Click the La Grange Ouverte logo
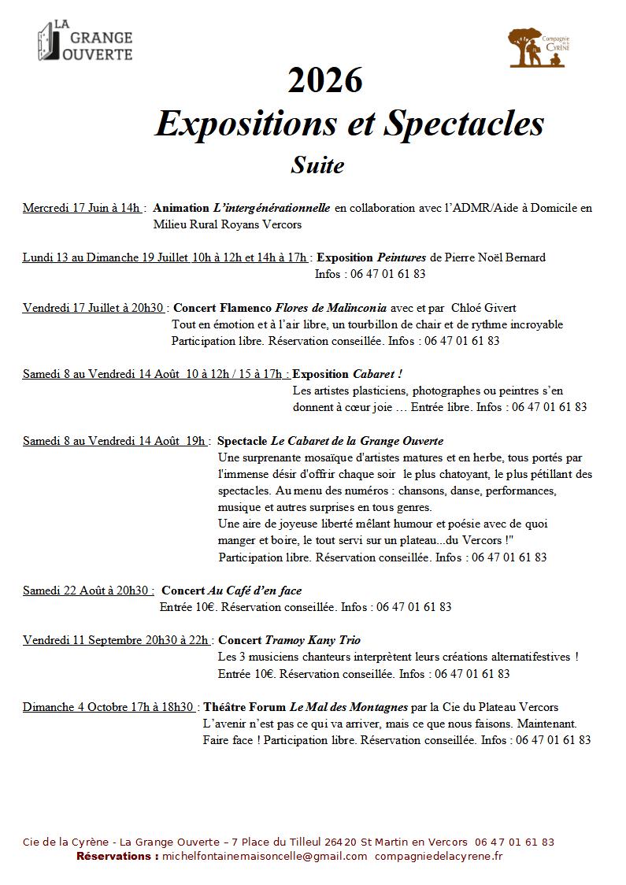(85, 42)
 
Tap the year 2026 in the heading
(325, 81)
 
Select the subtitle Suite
(317, 165)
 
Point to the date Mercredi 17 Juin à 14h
(82, 208)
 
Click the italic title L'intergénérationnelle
(272, 208)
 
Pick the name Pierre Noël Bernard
(495, 257)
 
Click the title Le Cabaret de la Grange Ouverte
(357, 441)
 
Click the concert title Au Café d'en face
(254, 591)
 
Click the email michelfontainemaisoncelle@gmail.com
(265, 856)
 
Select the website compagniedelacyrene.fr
(439, 856)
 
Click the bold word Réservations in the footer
(117, 856)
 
